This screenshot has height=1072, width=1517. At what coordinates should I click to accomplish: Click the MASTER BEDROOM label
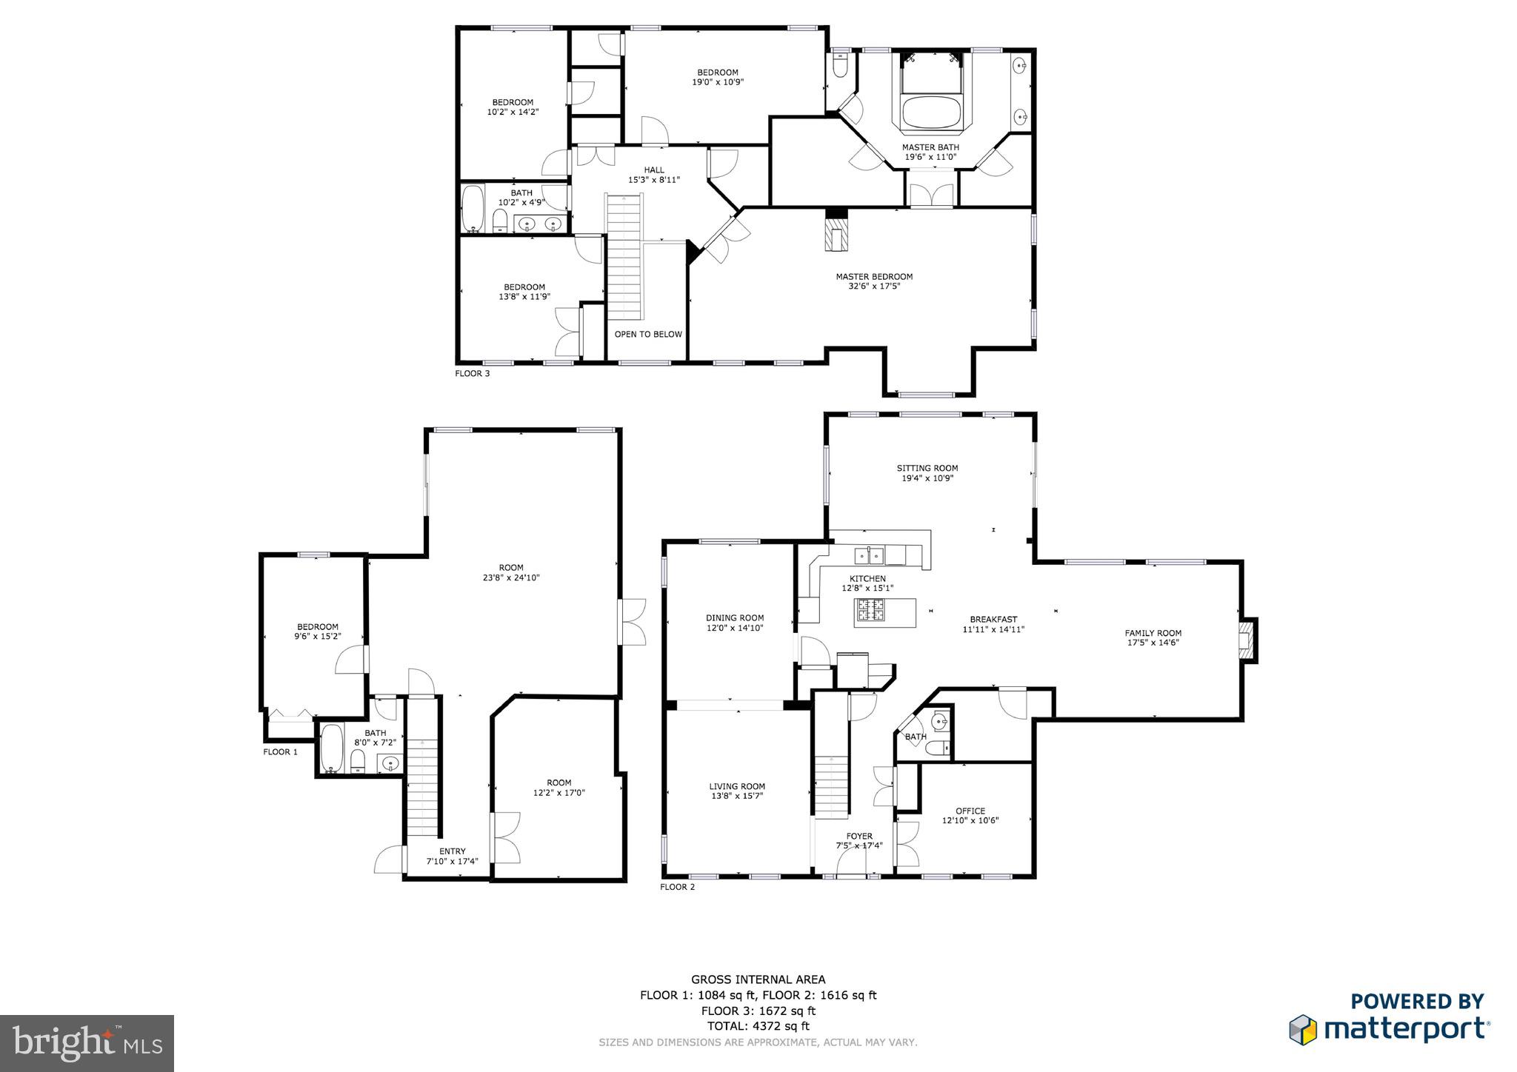[874, 277]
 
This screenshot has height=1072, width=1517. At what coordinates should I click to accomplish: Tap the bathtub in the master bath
[931, 113]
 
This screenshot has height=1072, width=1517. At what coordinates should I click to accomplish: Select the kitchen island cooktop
[871, 610]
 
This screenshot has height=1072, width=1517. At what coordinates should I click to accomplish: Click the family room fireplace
[1248, 640]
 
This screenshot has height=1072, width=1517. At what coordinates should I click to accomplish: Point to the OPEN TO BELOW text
[648, 335]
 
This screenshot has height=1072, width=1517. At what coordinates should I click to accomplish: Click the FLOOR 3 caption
[472, 374]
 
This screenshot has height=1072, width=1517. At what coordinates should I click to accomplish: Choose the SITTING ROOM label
[927, 468]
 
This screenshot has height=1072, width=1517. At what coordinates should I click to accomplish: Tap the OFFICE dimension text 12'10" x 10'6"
[970, 820]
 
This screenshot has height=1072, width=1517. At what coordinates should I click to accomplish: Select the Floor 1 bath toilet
[358, 760]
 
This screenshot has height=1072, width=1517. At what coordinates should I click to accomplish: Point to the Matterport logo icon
[1302, 1030]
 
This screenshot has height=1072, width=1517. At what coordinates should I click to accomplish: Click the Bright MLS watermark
[87, 1043]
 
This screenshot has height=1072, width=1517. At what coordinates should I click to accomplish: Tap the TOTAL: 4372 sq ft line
[758, 1026]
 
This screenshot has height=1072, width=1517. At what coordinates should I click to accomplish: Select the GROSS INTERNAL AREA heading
[758, 979]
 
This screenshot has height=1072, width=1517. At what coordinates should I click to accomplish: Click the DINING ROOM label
[734, 617]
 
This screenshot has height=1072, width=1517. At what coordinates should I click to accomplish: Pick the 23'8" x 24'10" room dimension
[511, 577]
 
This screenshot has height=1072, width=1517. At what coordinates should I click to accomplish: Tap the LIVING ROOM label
[736, 786]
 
